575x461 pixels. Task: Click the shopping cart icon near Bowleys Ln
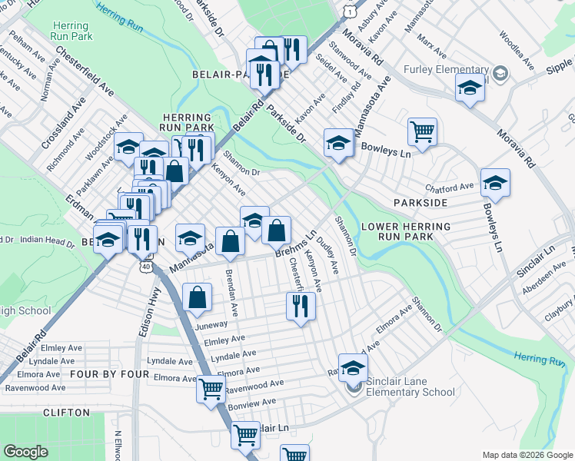point(422,132)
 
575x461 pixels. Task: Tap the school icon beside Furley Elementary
point(470,88)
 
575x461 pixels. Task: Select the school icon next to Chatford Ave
point(495,184)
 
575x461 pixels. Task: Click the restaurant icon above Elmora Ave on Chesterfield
point(301,306)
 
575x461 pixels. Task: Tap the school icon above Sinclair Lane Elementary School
point(353,367)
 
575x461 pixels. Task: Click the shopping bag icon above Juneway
point(198,297)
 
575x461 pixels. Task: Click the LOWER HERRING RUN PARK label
point(406,232)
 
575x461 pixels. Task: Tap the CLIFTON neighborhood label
point(67,413)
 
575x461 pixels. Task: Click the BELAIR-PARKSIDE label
point(239,75)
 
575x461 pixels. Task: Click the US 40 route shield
point(145,265)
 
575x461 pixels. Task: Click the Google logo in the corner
point(25,452)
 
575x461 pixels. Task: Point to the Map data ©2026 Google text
point(527,455)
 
